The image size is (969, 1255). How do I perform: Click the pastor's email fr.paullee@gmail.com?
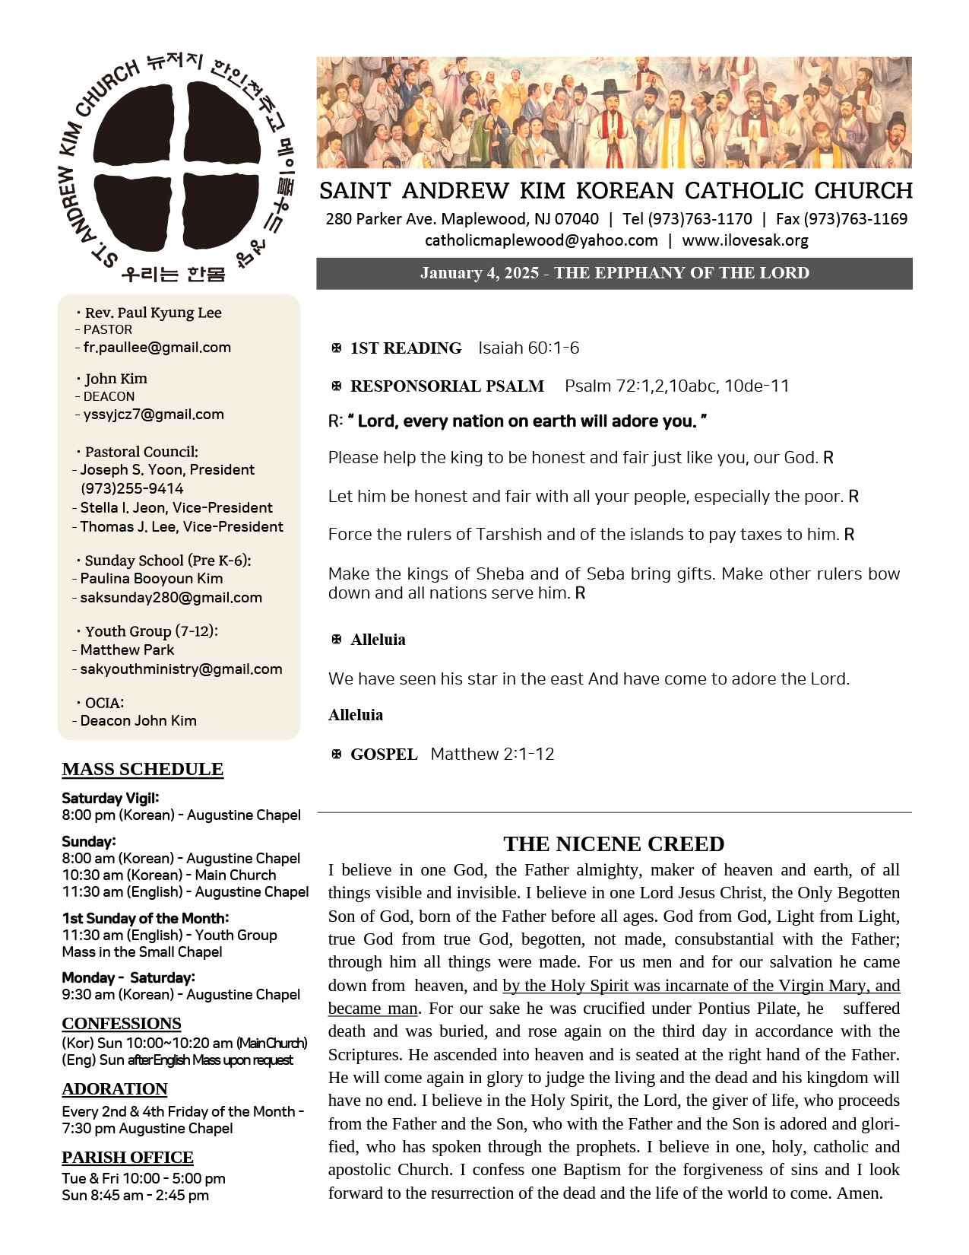pos(157,348)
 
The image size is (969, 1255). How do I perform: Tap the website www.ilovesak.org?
pos(745,240)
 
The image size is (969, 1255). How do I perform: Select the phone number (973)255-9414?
pos(131,488)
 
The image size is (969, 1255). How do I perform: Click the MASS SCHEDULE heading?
pos(143,769)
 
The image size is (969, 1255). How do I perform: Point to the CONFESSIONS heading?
pos(122,1023)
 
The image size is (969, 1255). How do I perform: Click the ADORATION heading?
pos(115,1088)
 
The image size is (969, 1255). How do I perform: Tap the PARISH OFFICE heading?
pos(128,1157)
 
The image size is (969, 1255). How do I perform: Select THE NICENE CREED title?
pos(613,844)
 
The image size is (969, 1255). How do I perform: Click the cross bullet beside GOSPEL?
pos(337,755)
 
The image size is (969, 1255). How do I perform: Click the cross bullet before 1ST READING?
pos(337,348)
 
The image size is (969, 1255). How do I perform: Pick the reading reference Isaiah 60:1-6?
pos(528,348)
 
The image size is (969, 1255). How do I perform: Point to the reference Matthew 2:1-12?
pos(492,755)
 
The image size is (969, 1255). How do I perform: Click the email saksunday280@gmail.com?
pos(171,598)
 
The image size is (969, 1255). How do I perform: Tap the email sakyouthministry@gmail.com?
pos(181,669)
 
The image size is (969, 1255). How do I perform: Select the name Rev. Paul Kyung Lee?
pos(153,313)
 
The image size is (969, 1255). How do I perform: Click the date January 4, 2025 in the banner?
pos(480,273)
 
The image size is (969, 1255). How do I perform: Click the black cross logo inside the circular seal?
pos(177,164)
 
